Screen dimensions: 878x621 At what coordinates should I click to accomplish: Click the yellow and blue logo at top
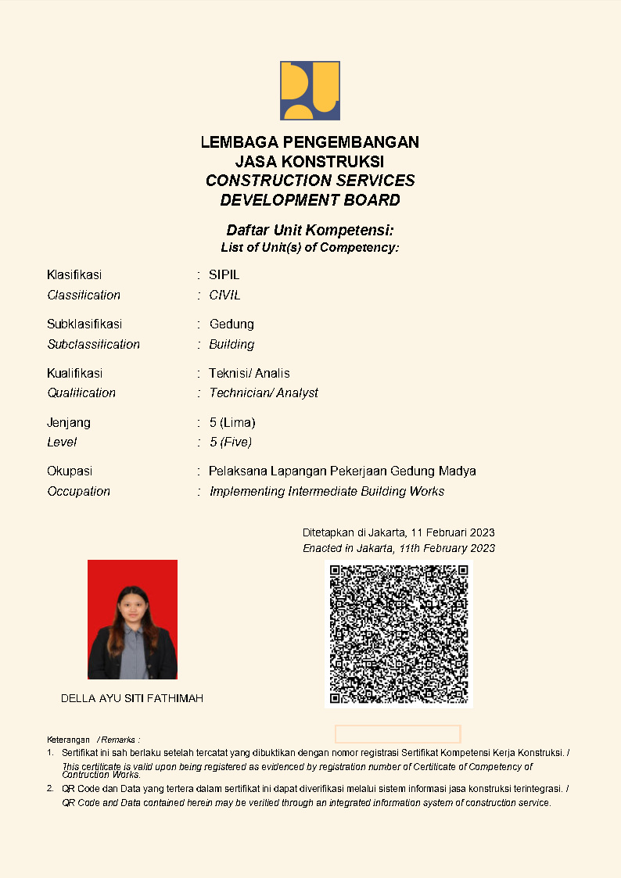point(310,91)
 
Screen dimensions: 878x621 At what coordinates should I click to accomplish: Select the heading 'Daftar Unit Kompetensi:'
point(310,231)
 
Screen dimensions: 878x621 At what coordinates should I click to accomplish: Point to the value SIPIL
point(224,275)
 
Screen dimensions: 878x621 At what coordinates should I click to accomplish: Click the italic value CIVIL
point(224,296)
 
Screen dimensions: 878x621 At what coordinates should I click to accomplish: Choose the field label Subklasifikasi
point(84,324)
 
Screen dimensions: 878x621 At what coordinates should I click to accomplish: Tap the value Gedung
point(232,324)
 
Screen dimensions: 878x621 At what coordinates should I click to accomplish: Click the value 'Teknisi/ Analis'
point(249,374)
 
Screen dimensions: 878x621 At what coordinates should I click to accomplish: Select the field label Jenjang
point(69,423)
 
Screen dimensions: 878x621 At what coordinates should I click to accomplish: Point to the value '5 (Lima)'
point(232,423)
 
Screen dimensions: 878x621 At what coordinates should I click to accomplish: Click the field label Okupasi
point(70,471)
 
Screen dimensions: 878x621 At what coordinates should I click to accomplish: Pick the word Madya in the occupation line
point(458,471)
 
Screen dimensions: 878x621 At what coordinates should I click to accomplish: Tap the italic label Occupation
point(78,492)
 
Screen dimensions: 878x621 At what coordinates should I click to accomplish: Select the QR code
point(398,634)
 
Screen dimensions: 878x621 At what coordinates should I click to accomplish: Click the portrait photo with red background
point(132,619)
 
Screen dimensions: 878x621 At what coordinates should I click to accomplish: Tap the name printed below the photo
point(132,698)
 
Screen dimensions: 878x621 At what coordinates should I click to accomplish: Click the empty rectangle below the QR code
point(397,734)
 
